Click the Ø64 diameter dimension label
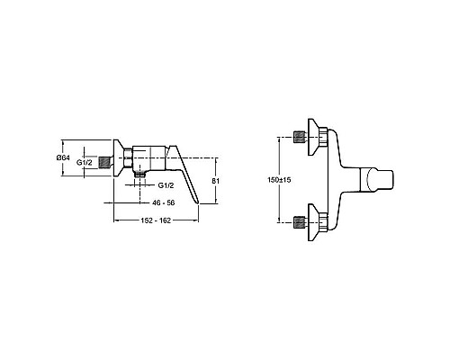point(63,157)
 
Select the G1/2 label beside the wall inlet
point(85,163)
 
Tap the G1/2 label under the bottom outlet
point(166,185)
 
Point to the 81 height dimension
point(215,181)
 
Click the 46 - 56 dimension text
point(164,203)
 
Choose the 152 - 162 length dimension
point(156,220)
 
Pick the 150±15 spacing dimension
point(279,180)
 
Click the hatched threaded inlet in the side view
point(104,162)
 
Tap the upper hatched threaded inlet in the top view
point(300,137)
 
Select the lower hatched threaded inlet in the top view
point(300,222)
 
